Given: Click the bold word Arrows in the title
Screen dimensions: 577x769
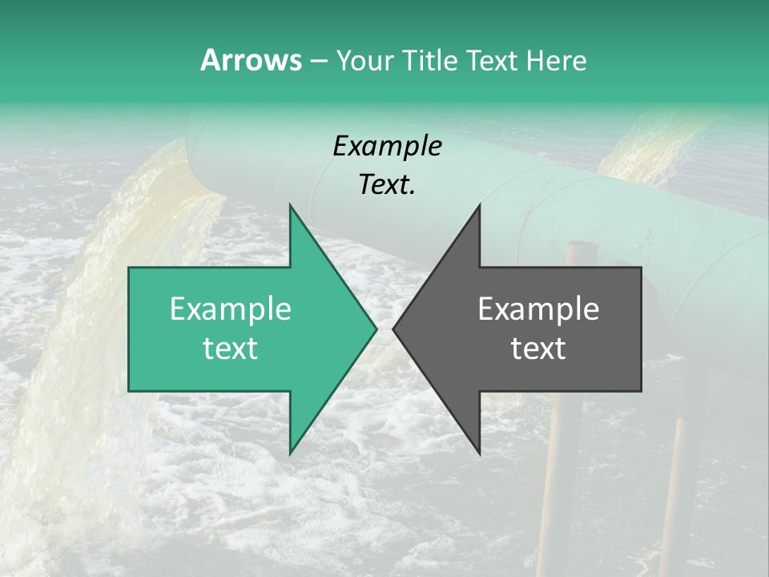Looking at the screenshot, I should click(x=250, y=60).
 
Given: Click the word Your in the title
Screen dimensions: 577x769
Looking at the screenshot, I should click(x=364, y=60).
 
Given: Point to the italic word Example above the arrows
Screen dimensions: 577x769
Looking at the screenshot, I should click(x=387, y=146).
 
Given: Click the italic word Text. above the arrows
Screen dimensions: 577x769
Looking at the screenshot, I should click(x=387, y=185).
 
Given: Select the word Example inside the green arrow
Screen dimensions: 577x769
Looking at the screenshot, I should click(x=231, y=309).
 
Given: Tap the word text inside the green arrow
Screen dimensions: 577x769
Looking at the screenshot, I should click(x=231, y=349).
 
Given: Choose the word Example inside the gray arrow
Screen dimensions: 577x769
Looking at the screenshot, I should click(x=538, y=309).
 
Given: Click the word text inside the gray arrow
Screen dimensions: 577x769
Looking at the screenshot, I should click(x=538, y=349).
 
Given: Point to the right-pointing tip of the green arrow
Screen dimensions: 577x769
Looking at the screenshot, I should click(x=376, y=329).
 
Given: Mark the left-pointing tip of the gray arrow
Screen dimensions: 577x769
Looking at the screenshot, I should click(x=393, y=329).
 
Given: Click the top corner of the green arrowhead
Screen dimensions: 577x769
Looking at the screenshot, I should click(x=290, y=205).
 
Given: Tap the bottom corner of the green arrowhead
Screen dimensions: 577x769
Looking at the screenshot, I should click(x=290, y=454).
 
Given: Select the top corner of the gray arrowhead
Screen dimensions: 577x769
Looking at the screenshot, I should click(x=479, y=205).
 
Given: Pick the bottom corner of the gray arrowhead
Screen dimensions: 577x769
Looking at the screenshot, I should click(x=479, y=454).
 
